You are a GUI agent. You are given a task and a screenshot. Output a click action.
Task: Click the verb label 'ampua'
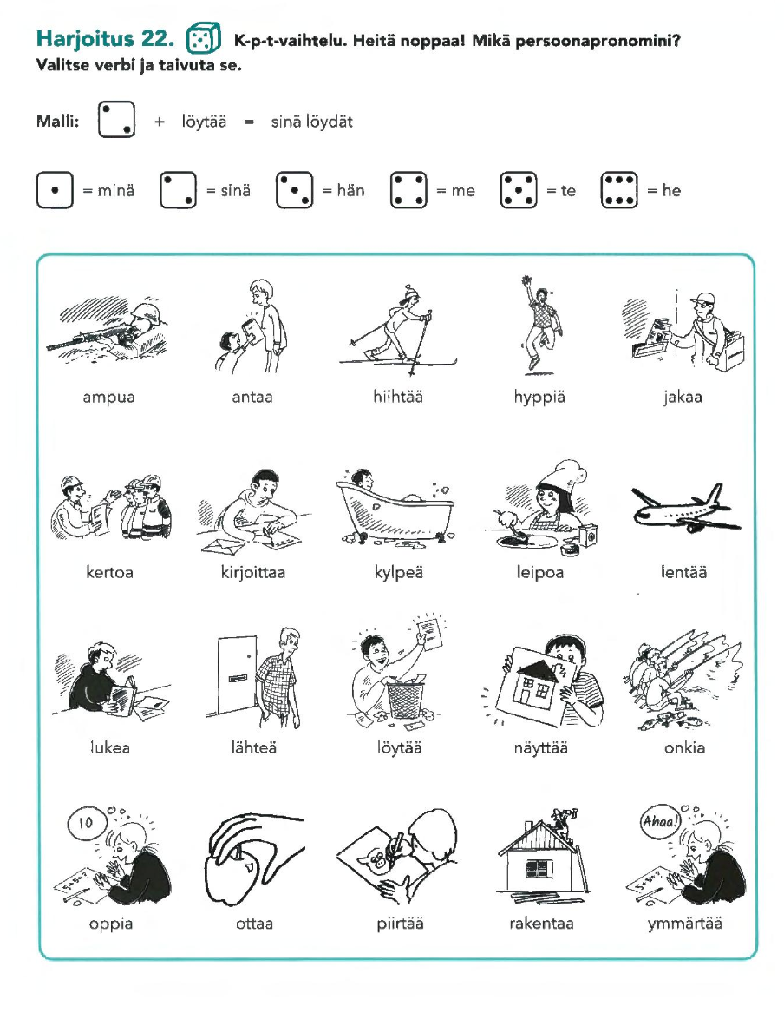[x=108, y=397]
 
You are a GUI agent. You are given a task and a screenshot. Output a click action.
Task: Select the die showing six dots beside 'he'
[x=619, y=190]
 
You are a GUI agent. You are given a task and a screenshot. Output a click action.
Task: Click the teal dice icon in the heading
[x=203, y=39]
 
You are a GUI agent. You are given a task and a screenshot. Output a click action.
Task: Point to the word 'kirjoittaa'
[x=253, y=572]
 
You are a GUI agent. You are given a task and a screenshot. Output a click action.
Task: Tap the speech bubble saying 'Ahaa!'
[x=660, y=822]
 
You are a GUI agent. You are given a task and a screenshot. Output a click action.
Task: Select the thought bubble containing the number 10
[x=86, y=822]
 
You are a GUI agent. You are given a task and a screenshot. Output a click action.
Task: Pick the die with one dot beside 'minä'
[x=55, y=190]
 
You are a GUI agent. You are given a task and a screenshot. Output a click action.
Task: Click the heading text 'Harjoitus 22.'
[x=105, y=39]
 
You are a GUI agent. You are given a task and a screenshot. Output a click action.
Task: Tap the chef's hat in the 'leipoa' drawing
[x=564, y=476]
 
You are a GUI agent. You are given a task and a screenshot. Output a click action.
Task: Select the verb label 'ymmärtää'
[x=685, y=924]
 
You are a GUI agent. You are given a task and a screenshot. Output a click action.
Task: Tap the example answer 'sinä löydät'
[x=311, y=122]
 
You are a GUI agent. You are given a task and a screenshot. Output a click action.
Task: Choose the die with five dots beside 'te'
[x=519, y=190]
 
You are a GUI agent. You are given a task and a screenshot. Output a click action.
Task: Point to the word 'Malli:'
[x=57, y=121]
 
